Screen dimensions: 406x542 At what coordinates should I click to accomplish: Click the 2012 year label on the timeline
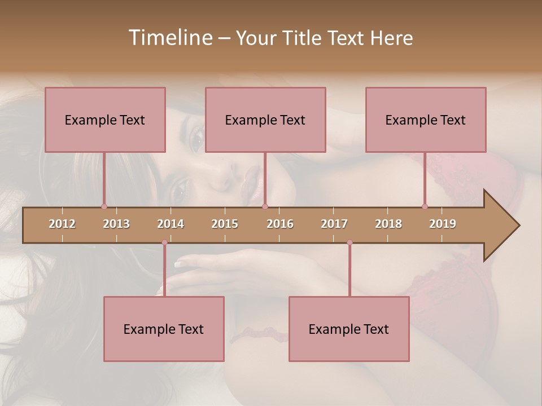[x=62, y=224]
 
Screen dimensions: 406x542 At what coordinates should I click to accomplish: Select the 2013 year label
[x=116, y=224]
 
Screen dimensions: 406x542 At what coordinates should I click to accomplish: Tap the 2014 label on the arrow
[x=171, y=224]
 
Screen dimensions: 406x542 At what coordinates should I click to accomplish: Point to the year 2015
[x=225, y=224]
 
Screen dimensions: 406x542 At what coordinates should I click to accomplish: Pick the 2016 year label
[x=280, y=224]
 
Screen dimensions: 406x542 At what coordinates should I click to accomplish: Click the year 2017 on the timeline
[x=334, y=224]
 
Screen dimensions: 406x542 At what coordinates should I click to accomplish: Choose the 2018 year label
[x=388, y=224]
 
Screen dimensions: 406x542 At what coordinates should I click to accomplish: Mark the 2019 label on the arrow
[x=443, y=224]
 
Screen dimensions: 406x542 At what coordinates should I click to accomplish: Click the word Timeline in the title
[x=170, y=38]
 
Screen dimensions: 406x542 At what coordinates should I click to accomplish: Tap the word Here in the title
[x=392, y=38]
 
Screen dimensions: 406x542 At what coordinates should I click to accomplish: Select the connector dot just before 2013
[x=104, y=206]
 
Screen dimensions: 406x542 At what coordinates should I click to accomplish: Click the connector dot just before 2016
[x=265, y=206]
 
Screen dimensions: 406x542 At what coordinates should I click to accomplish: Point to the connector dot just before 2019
[x=425, y=206]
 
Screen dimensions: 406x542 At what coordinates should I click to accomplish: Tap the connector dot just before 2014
[x=164, y=242]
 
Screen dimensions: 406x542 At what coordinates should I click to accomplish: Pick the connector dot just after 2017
[x=349, y=242]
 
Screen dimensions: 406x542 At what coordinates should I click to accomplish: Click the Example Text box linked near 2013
[x=105, y=120]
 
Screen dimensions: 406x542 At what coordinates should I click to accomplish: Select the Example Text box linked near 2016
[x=265, y=120]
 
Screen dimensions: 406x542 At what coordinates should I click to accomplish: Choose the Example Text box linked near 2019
[x=426, y=120]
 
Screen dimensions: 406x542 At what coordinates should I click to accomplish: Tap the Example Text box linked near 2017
[x=349, y=329]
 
